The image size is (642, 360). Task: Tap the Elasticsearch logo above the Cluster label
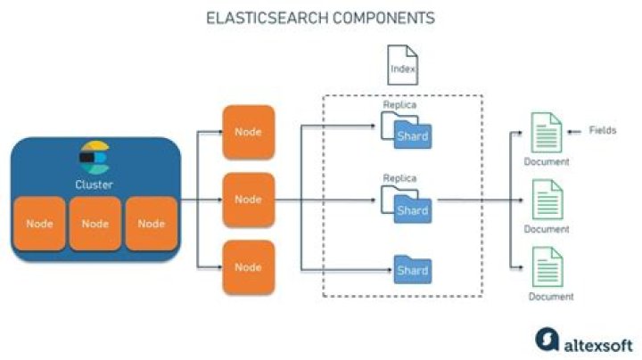tap(94, 158)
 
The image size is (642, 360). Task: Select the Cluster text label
tap(94, 184)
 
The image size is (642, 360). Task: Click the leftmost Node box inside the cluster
tap(39, 224)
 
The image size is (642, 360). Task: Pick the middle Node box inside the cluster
tap(95, 224)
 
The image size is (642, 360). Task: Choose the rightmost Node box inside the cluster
tap(151, 224)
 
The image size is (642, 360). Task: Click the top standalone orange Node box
tap(248, 132)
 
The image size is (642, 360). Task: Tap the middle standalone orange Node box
tap(248, 200)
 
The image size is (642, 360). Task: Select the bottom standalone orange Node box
tap(248, 266)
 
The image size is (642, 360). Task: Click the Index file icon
tap(403, 66)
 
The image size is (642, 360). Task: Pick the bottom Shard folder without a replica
tap(412, 269)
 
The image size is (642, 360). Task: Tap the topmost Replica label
tap(399, 105)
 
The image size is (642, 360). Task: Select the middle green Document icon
tap(546, 200)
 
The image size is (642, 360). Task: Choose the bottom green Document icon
tap(546, 267)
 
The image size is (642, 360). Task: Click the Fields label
tap(602, 130)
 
